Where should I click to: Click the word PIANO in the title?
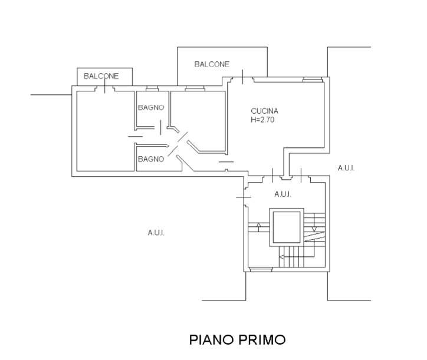coord(211,340)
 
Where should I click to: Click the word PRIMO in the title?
coord(262,340)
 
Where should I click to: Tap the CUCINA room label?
coord(264,111)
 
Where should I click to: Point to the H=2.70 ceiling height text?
coord(262,120)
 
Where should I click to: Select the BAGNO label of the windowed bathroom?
coord(151,107)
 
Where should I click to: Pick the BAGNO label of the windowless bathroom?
coord(151,159)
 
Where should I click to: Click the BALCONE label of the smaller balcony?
coord(101,76)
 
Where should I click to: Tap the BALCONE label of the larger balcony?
coord(212,64)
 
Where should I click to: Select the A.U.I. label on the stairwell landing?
coord(283,194)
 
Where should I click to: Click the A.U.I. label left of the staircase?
coord(156,233)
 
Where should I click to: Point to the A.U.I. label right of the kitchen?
coord(346,168)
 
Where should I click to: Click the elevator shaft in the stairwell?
coord(287,227)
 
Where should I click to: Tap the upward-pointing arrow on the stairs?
coord(259,227)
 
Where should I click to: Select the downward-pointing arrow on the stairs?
coord(314,222)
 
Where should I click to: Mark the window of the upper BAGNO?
coord(152,88)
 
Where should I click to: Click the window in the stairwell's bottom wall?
coord(261,270)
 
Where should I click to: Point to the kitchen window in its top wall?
coord(313,80)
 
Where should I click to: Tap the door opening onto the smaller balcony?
coord(104,88)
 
